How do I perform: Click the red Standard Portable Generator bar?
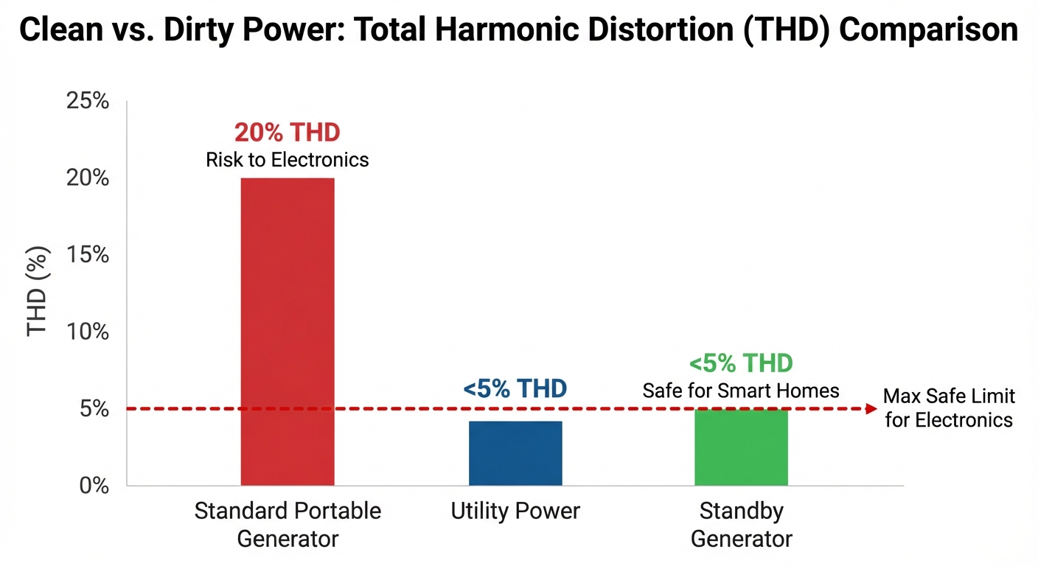coord(288,332)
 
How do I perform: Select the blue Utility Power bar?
coord(515,453)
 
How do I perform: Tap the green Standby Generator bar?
coord(741,447)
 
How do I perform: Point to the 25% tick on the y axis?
coord(88,101)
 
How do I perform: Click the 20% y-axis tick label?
coord(88,178)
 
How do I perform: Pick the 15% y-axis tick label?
coord(88,255)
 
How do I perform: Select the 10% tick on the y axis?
coord(88,332)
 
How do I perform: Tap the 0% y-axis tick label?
coord(91,486)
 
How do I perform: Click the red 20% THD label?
coord(287,133)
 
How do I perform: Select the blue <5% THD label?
coord(515,389)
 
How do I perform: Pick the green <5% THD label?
coord(741,363)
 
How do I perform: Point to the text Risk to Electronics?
coord(287,160)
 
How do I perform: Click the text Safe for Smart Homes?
coord(741,391)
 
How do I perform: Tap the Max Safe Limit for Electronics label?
coord(949,408)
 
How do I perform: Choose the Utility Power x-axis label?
coord(515,511)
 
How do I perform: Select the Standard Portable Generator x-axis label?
coord(288,524)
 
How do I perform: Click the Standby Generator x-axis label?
coord(741,524)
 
